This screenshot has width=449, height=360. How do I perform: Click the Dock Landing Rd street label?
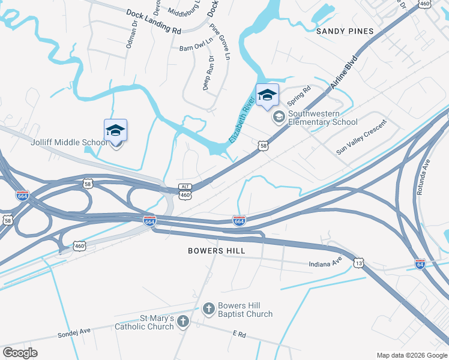click(153, 20)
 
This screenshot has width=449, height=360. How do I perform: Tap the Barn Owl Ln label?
click(195, 48)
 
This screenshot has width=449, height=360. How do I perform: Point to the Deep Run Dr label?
click(208, 72)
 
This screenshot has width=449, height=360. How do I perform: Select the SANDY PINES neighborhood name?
click(345, 31)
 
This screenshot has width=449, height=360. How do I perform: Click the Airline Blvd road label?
click(343, 73)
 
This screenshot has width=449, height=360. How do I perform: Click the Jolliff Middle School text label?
click(69, 142)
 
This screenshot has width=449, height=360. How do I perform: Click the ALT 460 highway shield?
click(185, 191)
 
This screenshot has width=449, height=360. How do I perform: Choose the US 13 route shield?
click(359, 263)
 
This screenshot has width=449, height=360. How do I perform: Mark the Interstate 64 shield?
click(420, 264)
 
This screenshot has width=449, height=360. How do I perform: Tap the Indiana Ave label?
click(325, 264)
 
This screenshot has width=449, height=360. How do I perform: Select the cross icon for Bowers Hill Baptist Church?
click(208, 309)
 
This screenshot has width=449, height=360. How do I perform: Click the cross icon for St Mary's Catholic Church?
click(183, 322)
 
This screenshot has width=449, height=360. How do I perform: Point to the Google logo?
click(20, 353)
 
